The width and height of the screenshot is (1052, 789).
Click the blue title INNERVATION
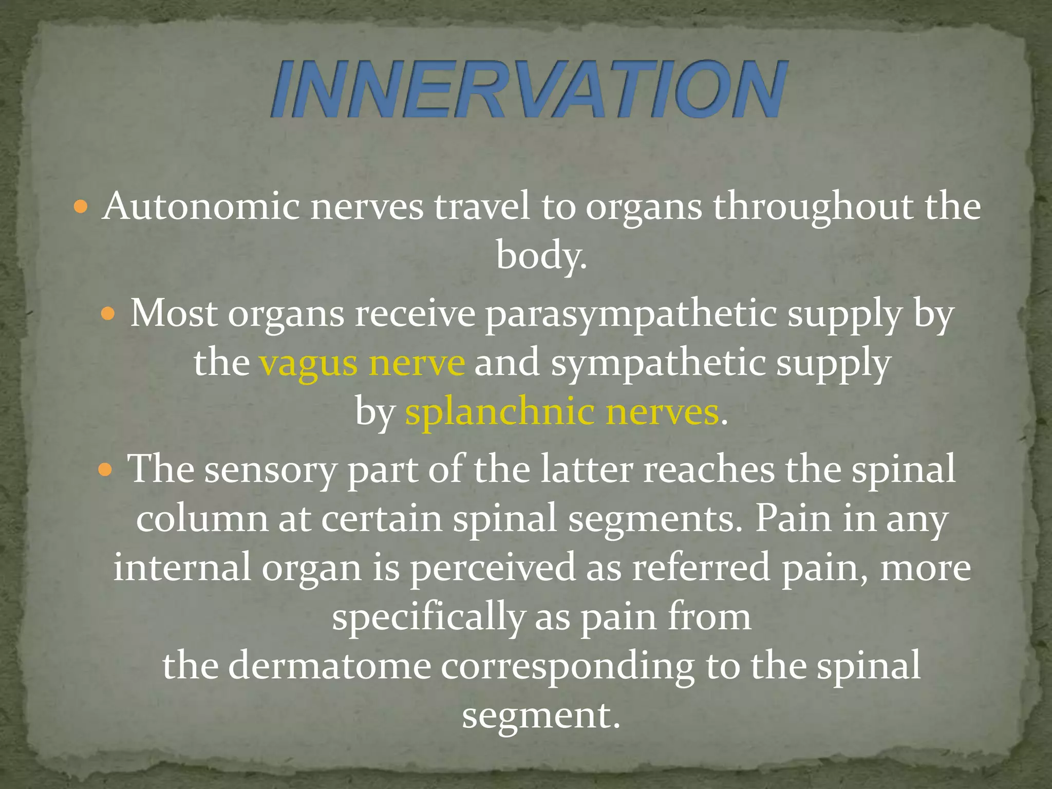point(529,88)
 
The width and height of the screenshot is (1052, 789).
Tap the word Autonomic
point(200,206)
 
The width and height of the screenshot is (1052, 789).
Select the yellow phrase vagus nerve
point(362,363)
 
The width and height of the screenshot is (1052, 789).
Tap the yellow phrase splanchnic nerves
point(561,412)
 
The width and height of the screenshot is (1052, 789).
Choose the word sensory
point(270,470)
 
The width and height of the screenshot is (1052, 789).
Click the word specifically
point(428,617)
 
